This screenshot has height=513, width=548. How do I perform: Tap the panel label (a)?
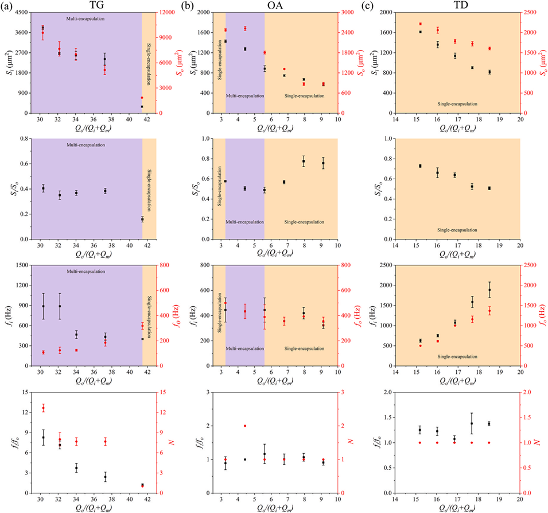click(7, 6)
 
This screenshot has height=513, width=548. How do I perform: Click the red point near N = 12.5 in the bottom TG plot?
click(43, 408)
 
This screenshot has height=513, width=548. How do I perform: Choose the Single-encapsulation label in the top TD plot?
click(457, 104)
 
